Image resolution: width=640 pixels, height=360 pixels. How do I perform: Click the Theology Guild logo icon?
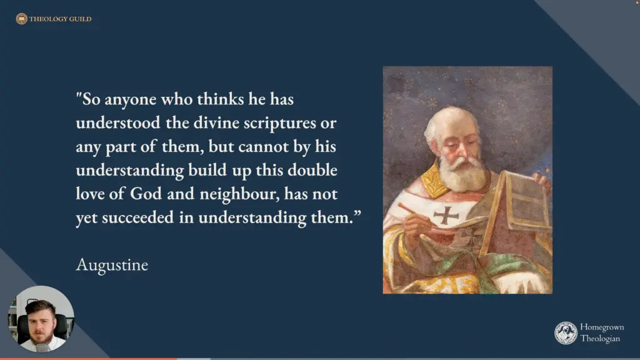tap(22, 19)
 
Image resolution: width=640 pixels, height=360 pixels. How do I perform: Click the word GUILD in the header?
tap(80, 19)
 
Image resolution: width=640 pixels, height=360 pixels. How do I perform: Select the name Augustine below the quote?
tap(112, 265)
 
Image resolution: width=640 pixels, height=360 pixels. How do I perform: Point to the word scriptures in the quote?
tap(279, 123)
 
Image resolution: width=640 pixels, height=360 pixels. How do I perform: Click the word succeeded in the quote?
tap(138, 217)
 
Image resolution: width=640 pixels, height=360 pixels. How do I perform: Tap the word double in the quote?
tap(312, 170)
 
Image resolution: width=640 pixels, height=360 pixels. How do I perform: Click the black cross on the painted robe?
tap(446, 215)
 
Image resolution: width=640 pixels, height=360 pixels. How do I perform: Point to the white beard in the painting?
tap(463, 174)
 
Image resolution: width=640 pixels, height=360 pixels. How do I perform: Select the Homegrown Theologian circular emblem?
tap(566, 333)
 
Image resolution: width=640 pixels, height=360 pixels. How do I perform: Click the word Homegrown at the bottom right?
tap(602, 327)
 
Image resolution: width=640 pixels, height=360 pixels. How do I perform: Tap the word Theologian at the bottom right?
tap(600, 339)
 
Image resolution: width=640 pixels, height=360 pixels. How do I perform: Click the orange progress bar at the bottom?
tap(89, 359)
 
